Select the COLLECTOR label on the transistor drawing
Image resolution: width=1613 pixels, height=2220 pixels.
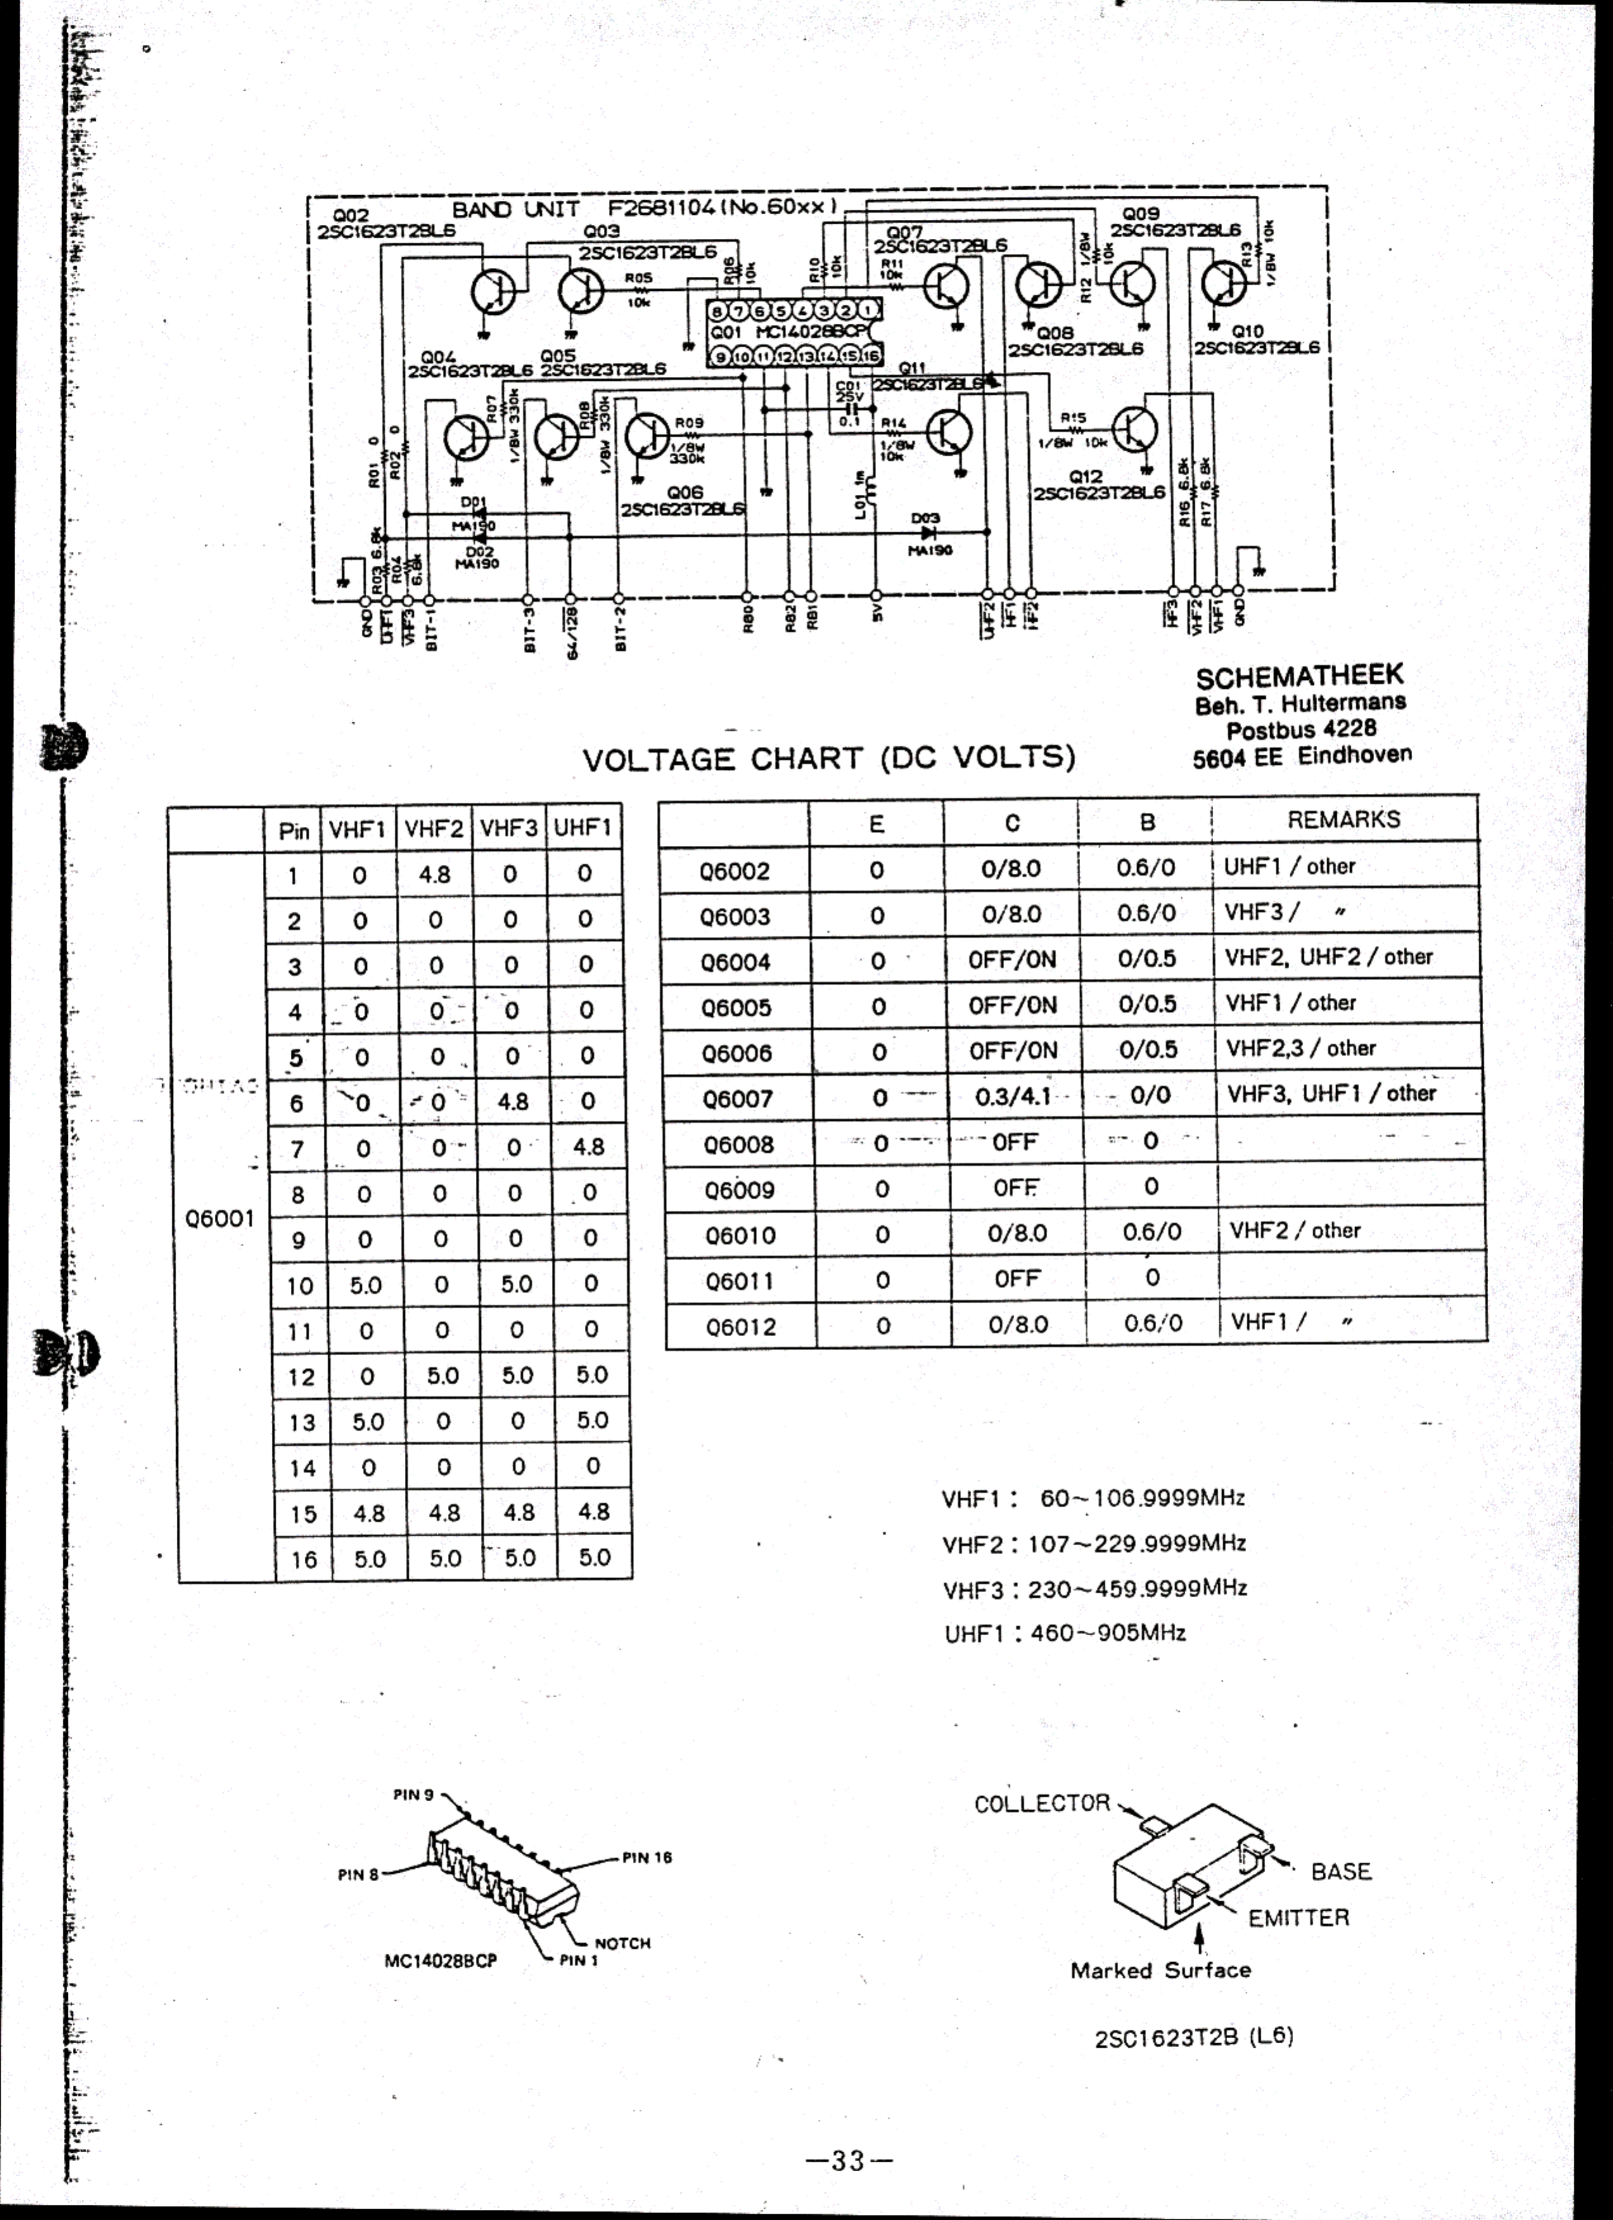click(x=1042, y=1804)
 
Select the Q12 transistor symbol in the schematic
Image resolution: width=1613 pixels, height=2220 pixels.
click(x=1135, y=429)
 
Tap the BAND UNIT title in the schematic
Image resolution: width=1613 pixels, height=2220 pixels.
click(x=516, y=208)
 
